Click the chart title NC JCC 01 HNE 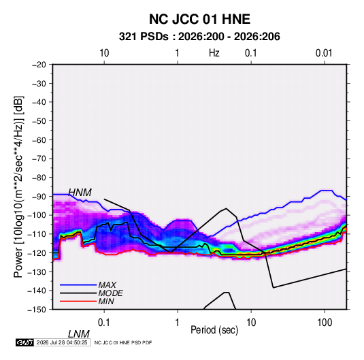[x=199, y=19]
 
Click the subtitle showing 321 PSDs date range [x=199, y=37]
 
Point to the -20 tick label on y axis [x=39, y=65]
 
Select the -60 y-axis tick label [x=39, y=140]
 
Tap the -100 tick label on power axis [x=37, y=215]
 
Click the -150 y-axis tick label [x=37, y=310]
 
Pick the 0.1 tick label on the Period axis [x=104, y=323]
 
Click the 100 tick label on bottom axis [x=325, y=323]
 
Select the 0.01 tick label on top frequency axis [x=324, y=53]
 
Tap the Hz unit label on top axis [x=214, y=53]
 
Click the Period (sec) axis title [x=214, y=330]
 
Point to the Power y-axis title [x=18, y=186]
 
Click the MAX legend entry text [x=107, y=284]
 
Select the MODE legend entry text [x=110, y=293]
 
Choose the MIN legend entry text [x=106, y=301]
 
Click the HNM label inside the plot [x=80, y=193]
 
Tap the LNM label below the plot [x=79, y=334]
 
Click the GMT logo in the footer [x=24, y=342]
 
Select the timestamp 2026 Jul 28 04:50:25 [x=62, y=342]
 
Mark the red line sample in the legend [x=78, y=301]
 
